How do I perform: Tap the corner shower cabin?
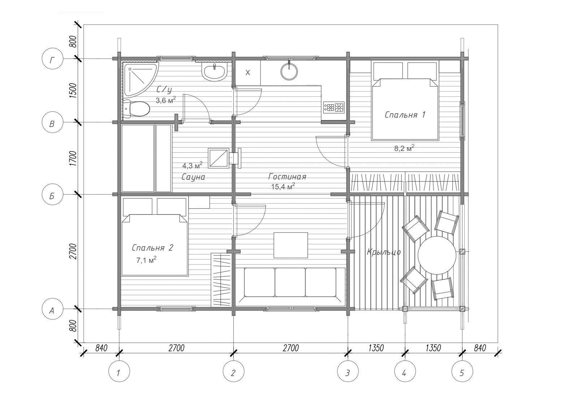click(138, 78)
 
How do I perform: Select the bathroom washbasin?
click(214, 72)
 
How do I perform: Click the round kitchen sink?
click(289, 71)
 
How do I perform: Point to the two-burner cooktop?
click(334, 107)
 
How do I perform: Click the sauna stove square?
click(218, 158)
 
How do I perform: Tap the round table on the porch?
click(437, 255)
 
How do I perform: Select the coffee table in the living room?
click(290, 245)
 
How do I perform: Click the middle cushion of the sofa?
click(290, 282)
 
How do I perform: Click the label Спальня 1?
click(405, 115)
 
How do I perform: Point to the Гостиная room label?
click(287, 177)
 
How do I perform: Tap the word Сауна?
click(193, 177)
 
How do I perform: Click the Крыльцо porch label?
click(383, 252)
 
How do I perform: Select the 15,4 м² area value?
click(283, 186)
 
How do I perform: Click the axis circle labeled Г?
click(52, 59)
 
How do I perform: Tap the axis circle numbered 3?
click(348, 371)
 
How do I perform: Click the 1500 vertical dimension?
click(73, 90)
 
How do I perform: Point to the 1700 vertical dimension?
click(73, 158)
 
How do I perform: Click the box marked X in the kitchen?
click(248, 73)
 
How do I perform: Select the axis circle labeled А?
click(52, 309)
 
